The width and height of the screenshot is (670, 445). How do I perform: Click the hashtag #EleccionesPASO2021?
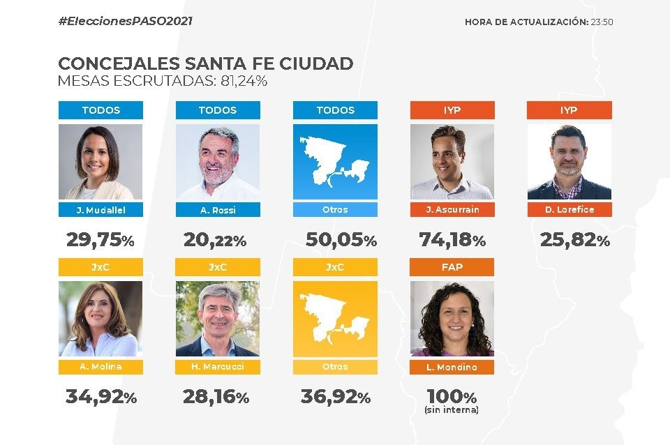(x=125, y=21)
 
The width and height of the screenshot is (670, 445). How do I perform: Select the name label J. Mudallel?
(x=101, y=209)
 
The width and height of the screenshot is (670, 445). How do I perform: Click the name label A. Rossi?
(x=218, y=209)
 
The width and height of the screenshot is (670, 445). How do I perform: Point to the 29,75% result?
(x=100, y=241)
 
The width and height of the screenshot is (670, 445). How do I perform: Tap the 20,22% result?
(x=215, y=241)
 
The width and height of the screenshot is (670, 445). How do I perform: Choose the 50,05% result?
(x=341, y=241)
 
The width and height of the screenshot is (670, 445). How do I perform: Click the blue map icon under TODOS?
(x=335, y=162)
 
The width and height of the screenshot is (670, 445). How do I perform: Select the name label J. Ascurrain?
(x=452, y=209)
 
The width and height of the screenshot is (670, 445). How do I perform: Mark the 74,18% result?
(x=452, y=241)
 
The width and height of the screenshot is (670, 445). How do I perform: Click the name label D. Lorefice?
(x=569, y=209)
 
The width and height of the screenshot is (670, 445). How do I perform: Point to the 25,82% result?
(x=575, y=241)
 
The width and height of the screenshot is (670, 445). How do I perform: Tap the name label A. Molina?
(x=101, y=367)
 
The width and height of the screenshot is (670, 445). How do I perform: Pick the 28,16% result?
(x=216, y=398)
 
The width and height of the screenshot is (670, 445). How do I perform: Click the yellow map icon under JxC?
(x=335, y=319)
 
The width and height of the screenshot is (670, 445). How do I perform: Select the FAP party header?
(x=452, y=267)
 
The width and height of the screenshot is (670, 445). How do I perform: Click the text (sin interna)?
(x=452, y=410)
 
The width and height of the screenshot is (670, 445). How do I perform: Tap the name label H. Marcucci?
(x=218, y=367)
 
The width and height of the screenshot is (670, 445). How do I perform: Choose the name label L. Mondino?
(x=452, y=367)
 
